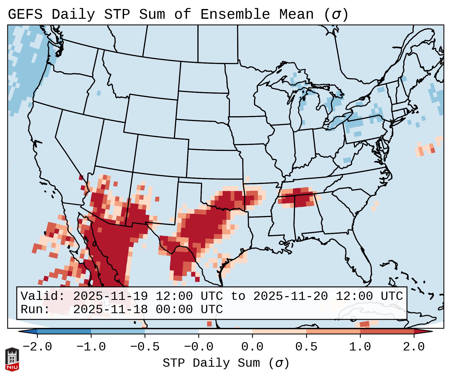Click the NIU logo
(x=12, y=359)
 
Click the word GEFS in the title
(x=25, y=14)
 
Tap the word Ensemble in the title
(x=235, y=14)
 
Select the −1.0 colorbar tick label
(x=91, y=347)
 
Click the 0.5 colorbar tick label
(x=306, y=347)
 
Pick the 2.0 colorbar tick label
(x=414, y=347)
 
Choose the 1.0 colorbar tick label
(x=360, y=347)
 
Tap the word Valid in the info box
(x=43, y=296)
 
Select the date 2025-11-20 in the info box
(x=290, y=296)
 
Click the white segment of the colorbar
(x=225, y=331)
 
